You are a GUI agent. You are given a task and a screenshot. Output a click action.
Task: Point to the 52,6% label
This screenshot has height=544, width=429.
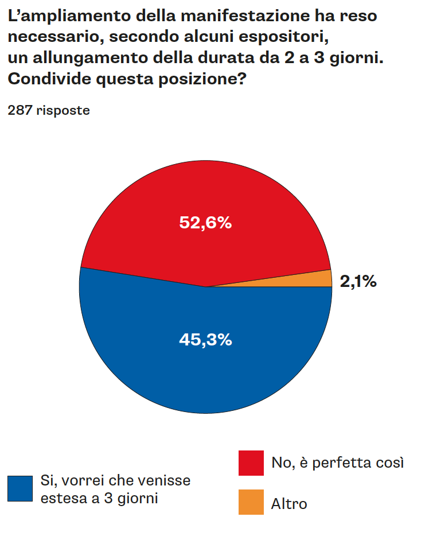click(205, 223)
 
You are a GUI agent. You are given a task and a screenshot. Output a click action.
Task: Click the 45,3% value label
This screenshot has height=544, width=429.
click(205, 340)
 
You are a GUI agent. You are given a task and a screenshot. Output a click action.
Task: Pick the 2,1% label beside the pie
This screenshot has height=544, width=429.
click(358, 281)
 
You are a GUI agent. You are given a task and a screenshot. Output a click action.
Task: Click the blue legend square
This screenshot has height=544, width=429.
click(20, 488)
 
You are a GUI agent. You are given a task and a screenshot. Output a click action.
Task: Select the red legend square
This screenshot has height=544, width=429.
click(251, 463)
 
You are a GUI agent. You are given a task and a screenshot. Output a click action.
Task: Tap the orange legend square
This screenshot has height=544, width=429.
click(251, 502)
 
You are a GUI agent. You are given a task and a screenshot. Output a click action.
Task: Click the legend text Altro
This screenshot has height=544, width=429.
click(289, 504)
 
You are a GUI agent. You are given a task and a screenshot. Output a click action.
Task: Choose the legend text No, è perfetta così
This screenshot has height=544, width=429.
click(338, 463)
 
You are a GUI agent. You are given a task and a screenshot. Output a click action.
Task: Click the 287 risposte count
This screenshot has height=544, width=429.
click(49, 111)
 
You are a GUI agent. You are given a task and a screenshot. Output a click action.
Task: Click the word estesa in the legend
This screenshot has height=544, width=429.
click(61, 498)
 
